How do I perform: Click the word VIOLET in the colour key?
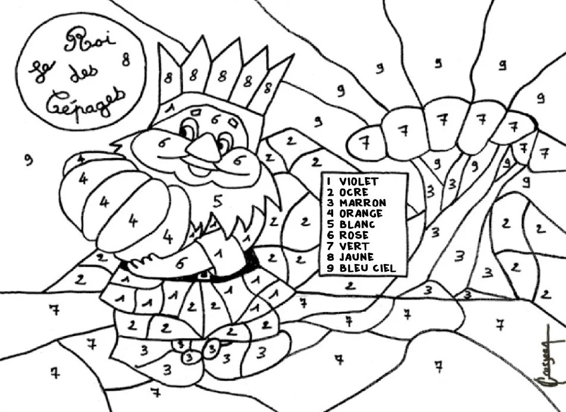pyautogui.click(x=359, y=181)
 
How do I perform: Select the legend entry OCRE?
pyautogui.click(x=354, y=192)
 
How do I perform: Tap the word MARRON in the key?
pyautogui.click(x=363, y=203)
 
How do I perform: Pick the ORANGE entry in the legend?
pyautogui.click(x=362, y=213)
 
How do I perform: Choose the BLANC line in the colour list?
pyautogui.click(x=358, y=225)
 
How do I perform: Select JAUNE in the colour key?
pyautogui.click(x=357, y=257)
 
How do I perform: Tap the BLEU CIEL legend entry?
pyautogui.click(x=367, y=268)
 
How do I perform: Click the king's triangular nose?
pyautogui.click(x=205, y=147)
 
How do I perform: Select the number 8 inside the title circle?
pyautogui.click(x=126, y=59)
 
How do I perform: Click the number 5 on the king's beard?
pyautogui.click(x=217, y=201)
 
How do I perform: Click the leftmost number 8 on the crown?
pyautogui.click(x=169, y=77)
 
